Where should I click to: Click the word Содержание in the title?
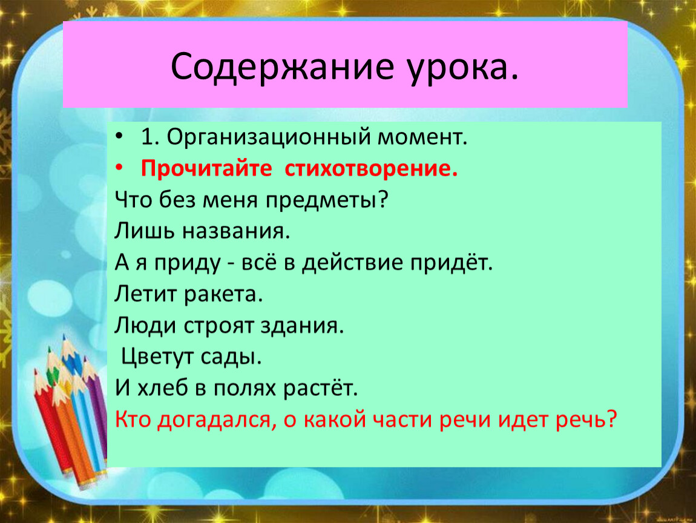coord(282,67)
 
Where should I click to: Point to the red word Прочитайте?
coord(206,169)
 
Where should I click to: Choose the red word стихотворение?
coord(371,169)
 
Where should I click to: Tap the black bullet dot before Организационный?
coord(119,136)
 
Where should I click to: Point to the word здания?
coord(302,326)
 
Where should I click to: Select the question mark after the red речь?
coord(612,419)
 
